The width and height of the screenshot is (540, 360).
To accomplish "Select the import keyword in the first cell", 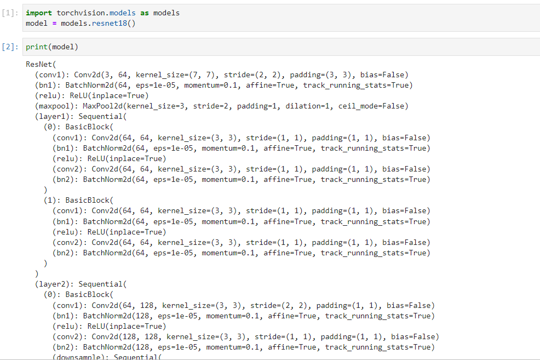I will (x=39, y=13).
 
